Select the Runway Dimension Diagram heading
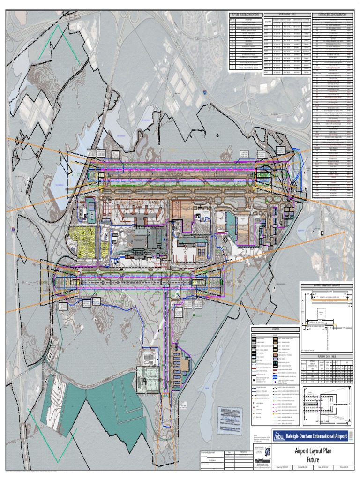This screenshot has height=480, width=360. tap(326, 285)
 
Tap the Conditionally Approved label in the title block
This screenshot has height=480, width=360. tap(211, 453)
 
